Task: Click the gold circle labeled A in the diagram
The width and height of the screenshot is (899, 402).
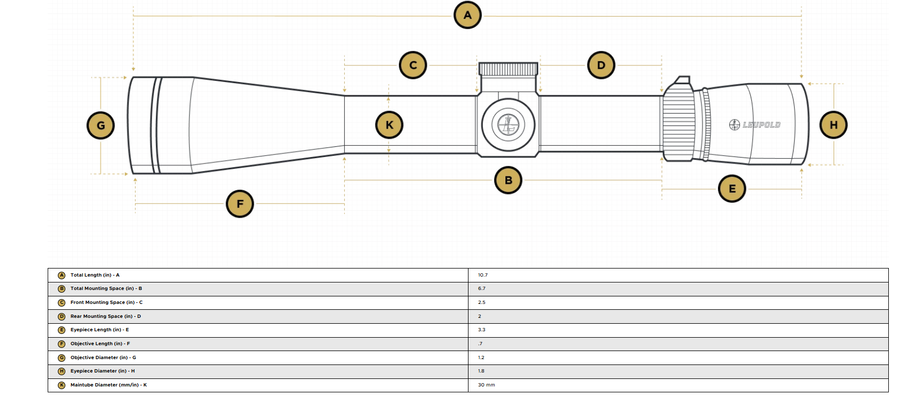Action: (467, 15)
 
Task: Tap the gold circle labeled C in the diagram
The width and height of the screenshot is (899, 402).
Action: (413, 65)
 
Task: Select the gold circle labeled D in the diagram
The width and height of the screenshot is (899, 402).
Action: (601, 65)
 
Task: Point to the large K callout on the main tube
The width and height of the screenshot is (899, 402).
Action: (389, 125)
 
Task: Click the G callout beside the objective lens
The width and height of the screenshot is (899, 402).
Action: (101, 126)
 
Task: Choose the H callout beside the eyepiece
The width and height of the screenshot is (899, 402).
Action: (834, 125)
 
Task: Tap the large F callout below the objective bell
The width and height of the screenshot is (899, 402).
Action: (240, 204)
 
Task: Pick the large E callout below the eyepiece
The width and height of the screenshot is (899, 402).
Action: (732, 189)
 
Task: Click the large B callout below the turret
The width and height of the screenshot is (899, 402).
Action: (509, 180)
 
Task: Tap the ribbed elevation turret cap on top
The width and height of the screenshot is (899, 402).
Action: (508, 69)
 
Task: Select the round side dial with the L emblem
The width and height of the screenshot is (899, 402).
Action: (508, 125)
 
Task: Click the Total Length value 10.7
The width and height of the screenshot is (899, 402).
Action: (483, 275)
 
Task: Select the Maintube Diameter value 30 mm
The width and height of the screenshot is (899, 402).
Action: (486, 385)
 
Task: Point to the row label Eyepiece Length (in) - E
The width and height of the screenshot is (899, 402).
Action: (100, 330)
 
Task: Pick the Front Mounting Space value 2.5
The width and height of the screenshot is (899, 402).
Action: (481, 302)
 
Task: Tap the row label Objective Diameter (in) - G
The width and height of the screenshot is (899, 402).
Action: (103, 358)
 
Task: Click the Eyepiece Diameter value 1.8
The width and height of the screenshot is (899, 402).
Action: (481, 371)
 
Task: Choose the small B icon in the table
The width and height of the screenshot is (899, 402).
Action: (62, 289)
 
